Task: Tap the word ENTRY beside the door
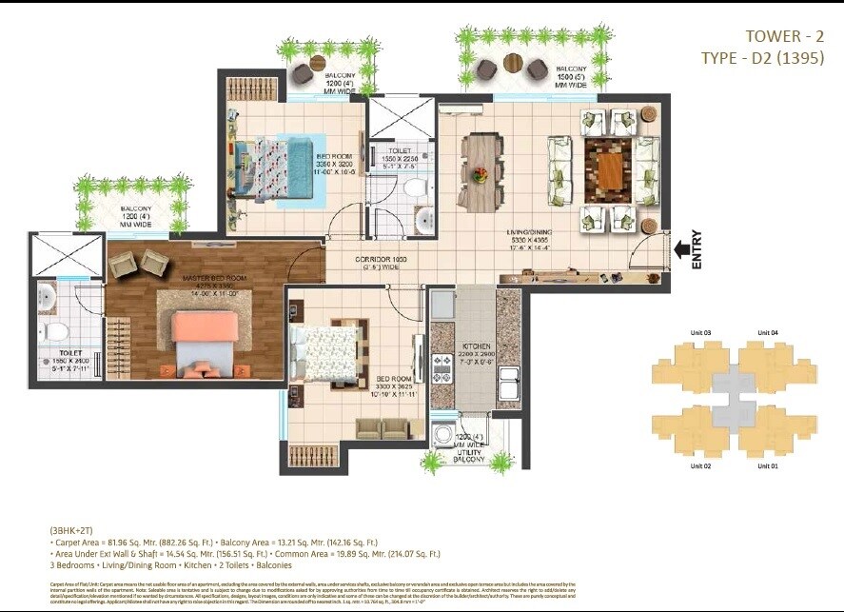click(697, 250)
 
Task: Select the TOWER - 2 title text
click(784, 36)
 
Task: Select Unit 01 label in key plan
click(767, 465)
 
